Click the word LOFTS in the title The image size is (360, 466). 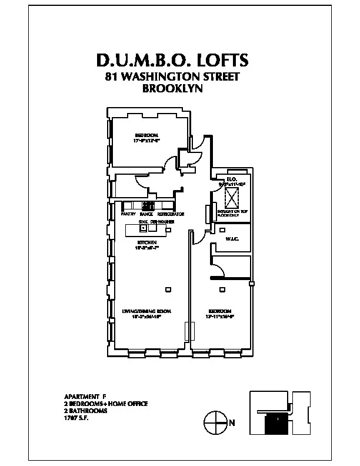[x=215, y=61]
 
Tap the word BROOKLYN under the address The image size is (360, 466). [x=172, y=89]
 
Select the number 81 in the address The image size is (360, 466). [x=111, y=77]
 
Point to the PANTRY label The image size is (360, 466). [x=129, y=215]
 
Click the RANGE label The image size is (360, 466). [x=147, y=215]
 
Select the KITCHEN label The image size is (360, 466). [x=146, y=242]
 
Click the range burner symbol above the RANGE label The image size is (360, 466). [x=148, y=206]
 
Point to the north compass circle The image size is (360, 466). [x=215, y=421]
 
